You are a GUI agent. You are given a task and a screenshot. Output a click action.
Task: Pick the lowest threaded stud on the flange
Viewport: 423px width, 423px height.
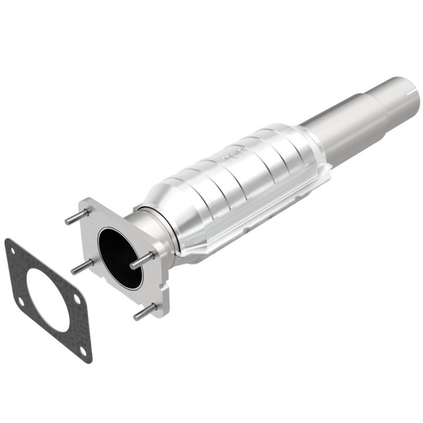point(145,311)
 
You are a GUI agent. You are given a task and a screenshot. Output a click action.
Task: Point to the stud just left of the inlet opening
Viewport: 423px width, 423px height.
point(82,266)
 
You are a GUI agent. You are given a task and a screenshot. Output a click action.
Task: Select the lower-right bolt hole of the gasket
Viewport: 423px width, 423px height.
point(82,350)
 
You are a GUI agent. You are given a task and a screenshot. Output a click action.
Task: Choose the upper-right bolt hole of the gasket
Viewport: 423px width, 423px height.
point(76,299)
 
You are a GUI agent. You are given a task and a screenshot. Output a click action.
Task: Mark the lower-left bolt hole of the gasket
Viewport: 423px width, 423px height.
point(21,302)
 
